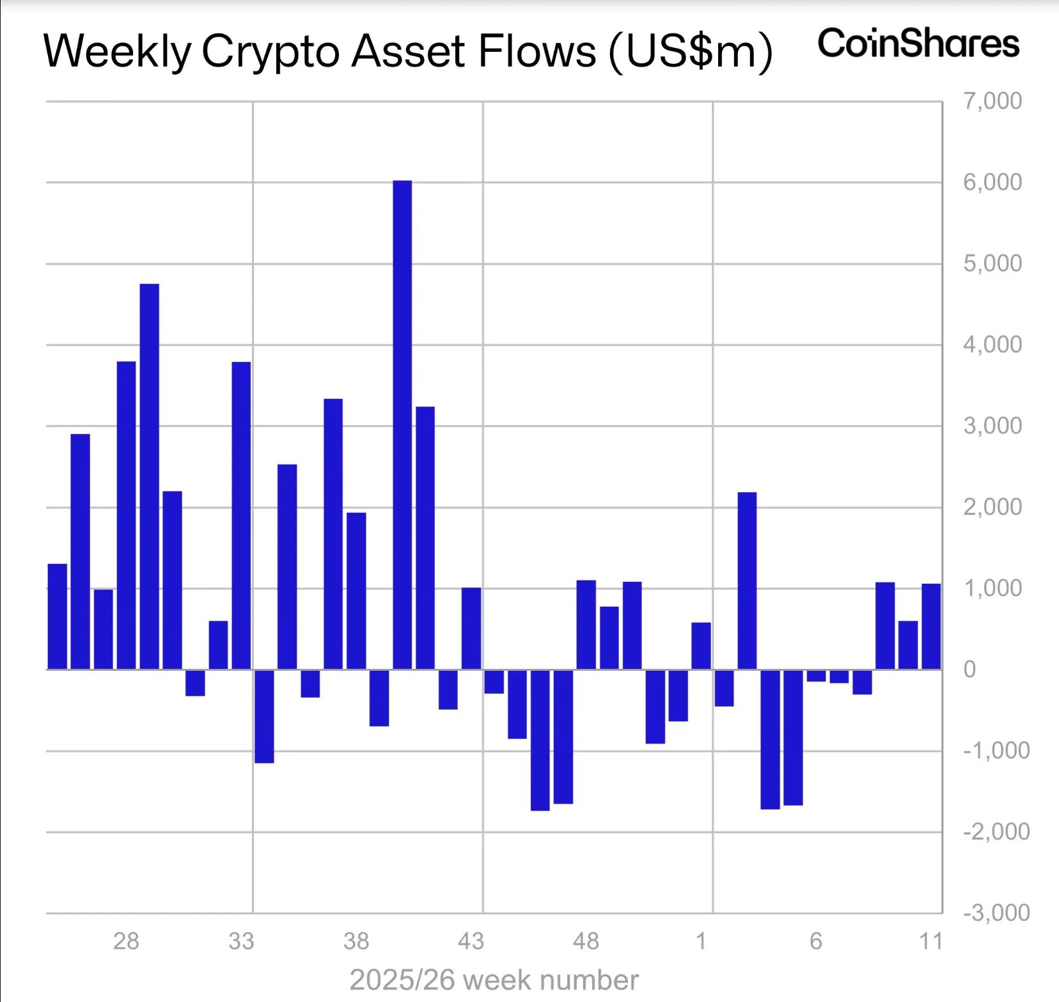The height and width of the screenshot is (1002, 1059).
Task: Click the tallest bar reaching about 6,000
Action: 402,425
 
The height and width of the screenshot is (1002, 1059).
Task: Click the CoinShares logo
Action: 918,43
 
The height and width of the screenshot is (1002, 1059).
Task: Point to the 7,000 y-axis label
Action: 992,101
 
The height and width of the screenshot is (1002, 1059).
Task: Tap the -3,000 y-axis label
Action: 996,912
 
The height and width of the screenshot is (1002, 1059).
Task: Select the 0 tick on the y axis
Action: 969,669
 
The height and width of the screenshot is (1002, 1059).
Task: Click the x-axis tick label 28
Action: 126,941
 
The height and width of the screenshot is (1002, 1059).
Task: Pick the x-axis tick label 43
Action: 471,941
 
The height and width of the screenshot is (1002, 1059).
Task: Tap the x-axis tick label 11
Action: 931,941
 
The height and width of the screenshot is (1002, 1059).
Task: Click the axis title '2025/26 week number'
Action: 494,980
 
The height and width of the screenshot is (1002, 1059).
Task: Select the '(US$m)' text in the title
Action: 691,51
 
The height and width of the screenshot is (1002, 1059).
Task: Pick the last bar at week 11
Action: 931,627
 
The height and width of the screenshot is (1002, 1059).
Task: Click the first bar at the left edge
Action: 58,616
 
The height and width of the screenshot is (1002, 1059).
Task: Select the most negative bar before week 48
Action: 540,740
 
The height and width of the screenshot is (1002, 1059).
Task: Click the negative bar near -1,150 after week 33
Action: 264,716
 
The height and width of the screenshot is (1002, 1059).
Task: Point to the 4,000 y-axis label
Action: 992,345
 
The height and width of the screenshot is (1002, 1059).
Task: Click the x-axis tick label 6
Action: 816,941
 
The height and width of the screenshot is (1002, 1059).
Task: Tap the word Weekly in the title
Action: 117,51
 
